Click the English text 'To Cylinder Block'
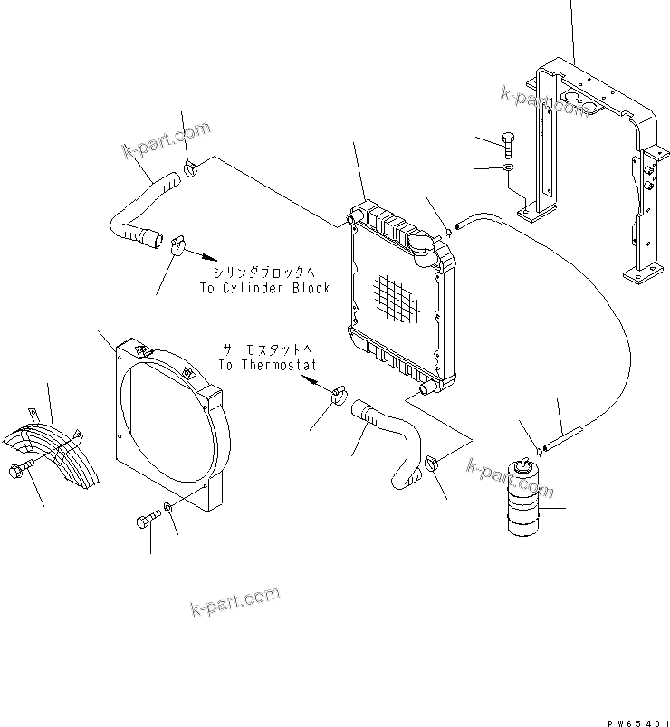point(264,288)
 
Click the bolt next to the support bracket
point(509,142)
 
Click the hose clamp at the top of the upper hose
point(191,167)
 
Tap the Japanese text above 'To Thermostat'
point(268,349)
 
